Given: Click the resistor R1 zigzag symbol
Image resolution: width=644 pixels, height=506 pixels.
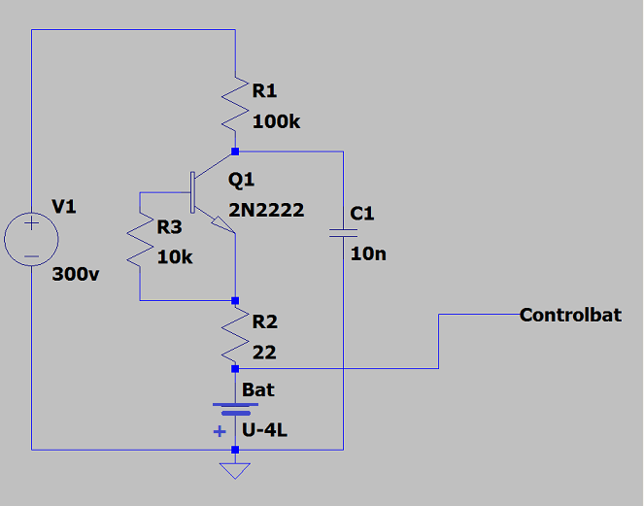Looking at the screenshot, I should point(235,107).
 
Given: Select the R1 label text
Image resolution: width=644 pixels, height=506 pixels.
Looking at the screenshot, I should point(264,91).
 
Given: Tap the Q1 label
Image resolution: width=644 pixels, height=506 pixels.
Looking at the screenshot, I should point(241,180).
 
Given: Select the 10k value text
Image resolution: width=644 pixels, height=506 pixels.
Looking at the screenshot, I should point(175,257).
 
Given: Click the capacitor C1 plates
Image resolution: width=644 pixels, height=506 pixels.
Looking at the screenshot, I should point(343,232).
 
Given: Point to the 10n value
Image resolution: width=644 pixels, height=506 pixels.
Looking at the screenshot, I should point(368,253).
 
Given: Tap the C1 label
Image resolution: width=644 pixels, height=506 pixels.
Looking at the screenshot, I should point(362,214).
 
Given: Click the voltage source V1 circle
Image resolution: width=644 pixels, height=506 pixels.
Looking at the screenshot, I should point(31,239).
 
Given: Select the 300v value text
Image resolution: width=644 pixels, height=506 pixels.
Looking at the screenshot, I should point(76,273).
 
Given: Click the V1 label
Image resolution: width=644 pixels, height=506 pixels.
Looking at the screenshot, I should point(63,207).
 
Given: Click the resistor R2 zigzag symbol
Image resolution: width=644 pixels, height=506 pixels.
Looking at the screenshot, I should point(235,336).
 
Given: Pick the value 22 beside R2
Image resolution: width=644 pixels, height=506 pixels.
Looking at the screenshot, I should point(264,353).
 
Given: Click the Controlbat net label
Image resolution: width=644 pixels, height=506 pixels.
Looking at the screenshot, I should point(570,315).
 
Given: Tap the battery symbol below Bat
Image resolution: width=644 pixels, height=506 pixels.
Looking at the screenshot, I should point(235,410).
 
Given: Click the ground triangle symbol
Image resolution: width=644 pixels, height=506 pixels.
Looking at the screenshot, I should point(235,471).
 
